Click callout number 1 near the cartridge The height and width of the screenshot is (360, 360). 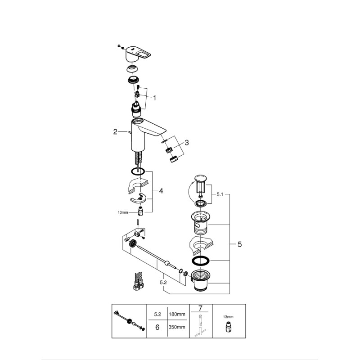154,97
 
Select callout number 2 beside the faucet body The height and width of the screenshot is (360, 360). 115,132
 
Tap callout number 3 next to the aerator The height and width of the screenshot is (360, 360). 187,143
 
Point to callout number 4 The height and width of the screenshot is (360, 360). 161,191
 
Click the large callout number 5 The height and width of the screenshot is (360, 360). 239,244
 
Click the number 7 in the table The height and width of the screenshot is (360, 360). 199,308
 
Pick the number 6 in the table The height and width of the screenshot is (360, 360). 157,328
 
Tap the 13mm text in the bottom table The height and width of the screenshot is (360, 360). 229,317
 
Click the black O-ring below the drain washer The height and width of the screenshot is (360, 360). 201,262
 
